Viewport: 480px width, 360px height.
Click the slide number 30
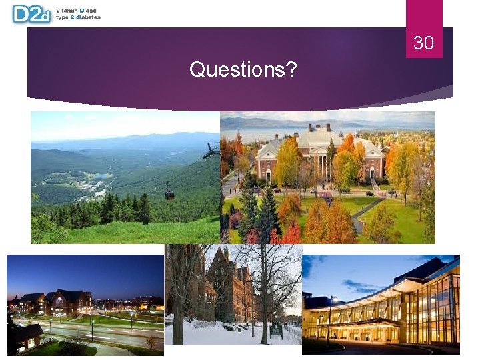click(423, 43)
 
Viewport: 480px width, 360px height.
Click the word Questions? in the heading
click(243, 69)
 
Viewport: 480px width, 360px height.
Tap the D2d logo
click(31, 14)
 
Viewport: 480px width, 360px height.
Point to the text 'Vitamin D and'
click(77, 11)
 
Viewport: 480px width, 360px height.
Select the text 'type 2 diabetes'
click(79, 17)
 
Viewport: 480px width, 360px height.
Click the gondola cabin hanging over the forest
click(169, 194)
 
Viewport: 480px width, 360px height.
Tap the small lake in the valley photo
click(100, 176)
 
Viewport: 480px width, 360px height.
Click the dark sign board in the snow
click(276, 330)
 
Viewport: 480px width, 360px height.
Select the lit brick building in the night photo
click(73, 302)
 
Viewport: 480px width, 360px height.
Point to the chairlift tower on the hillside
click(212, 151)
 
